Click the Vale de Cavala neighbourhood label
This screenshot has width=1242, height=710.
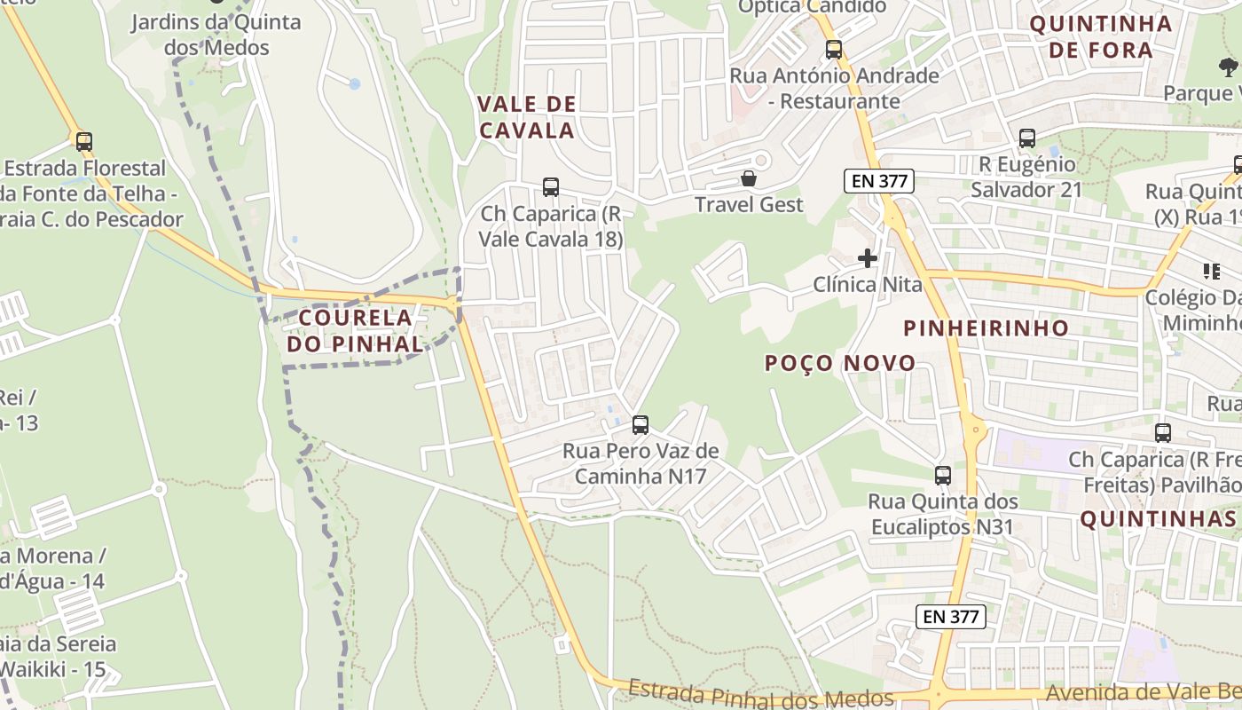[x=527, y=117]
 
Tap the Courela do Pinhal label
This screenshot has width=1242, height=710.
[x=355, y=330]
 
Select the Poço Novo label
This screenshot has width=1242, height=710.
[x=840, y=363]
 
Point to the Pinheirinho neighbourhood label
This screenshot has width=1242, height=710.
[x=986, y=328]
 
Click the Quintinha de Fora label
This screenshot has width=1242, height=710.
[x=1100, y=36]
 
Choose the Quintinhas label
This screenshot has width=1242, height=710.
[x=1158, y=519]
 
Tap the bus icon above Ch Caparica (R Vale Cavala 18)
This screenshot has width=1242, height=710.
[x=551, y=187]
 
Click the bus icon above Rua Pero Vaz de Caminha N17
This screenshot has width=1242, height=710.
[x=640, y=425]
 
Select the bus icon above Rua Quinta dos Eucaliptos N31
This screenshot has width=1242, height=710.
[x=942, y=476]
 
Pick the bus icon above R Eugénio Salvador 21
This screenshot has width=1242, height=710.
[x=1026, y=138]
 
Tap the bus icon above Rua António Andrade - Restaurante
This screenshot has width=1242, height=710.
[x=834, y=50]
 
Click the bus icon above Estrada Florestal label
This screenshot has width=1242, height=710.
[x=84, y=142]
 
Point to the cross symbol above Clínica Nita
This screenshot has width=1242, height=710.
[x=868, y=258]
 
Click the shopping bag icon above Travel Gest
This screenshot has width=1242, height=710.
[x=749, y=178]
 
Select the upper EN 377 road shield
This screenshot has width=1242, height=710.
[x=878, y=181]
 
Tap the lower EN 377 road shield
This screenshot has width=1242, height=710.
[x=950, y=616]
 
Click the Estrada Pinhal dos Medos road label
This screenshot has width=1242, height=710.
[x=760, y=695]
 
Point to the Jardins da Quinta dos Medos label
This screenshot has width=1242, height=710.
[x=216, y=35]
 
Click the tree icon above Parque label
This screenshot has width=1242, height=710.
[x=1228, y=67]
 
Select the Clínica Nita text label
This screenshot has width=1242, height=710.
[x=868, y=285]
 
